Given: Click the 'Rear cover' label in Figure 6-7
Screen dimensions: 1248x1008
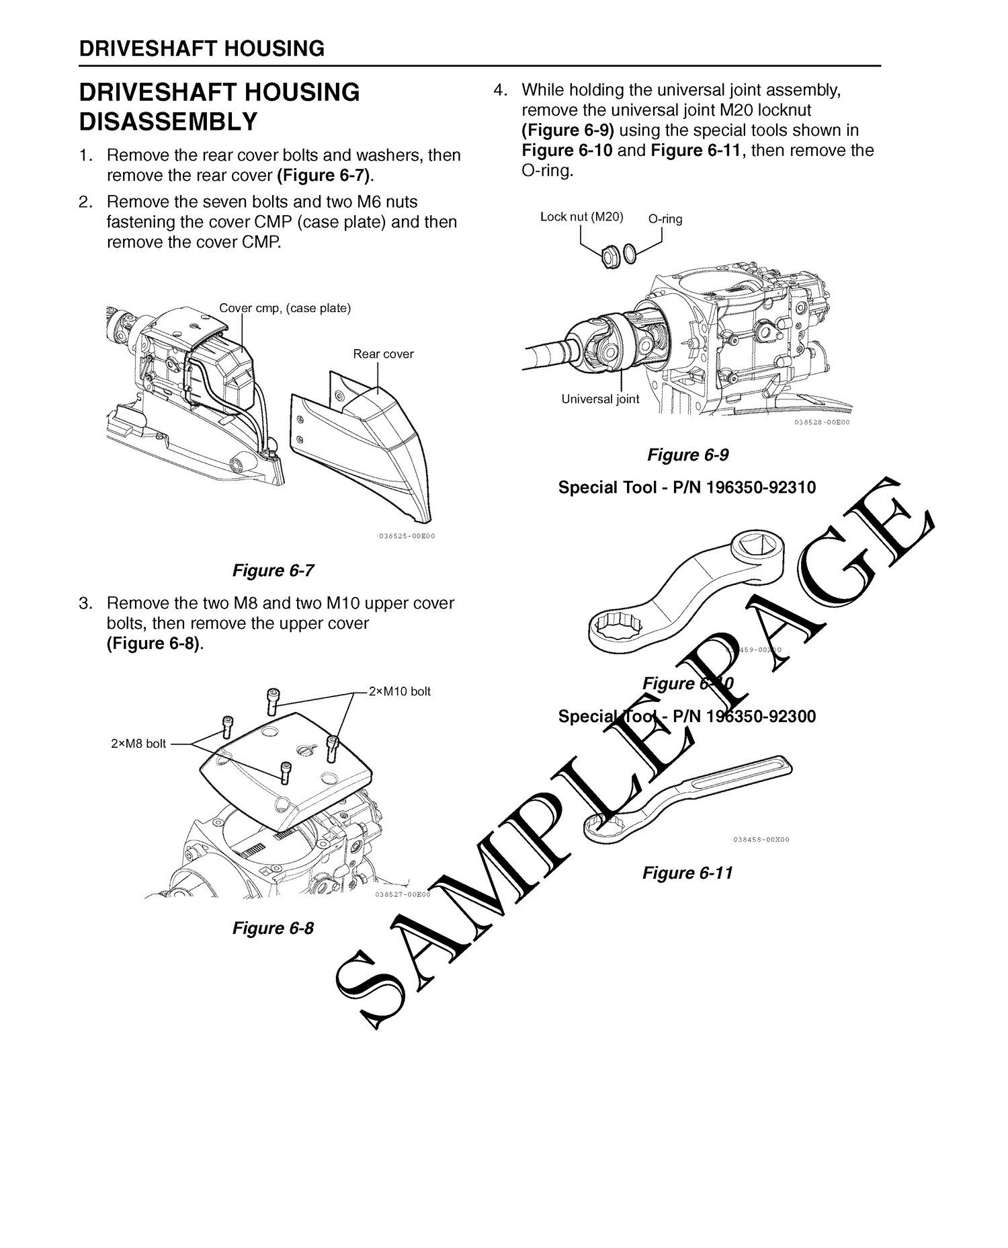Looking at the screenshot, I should pos(383,354).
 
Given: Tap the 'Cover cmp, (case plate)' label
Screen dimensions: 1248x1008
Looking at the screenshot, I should pos(285,309).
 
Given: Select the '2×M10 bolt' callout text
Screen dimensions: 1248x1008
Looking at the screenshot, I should pos(400,691).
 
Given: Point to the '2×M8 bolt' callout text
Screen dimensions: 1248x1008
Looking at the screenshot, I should pos(138,744).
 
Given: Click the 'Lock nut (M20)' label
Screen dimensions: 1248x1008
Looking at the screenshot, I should pos(582,217).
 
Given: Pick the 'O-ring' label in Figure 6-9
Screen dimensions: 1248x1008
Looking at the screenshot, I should pos(665,219).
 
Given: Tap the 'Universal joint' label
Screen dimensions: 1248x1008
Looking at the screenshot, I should pos(600,399).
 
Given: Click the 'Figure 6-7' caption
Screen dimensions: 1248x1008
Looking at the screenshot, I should pos(273,570).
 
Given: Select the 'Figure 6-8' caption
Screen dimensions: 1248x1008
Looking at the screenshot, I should pos(273,928).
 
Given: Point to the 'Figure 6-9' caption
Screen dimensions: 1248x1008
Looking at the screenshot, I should pos(687,455).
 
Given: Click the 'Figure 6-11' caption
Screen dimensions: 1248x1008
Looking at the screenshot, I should pos(687,873).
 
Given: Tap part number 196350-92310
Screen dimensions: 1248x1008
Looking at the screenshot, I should pos(761,487).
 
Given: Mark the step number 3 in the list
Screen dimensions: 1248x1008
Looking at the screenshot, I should pos(84,603).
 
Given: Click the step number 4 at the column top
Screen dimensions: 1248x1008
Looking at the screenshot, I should pos(499,89).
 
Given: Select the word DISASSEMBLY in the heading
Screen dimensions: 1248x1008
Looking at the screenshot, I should pos(168,122).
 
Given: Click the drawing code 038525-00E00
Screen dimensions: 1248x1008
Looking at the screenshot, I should pos(403,536).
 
